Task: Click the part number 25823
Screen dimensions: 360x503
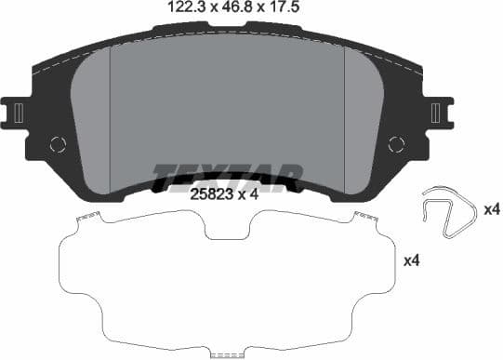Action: tap(209, 194)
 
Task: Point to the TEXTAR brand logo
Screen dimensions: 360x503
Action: tap(228, 175)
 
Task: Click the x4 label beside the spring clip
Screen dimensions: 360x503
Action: tap(491, 210)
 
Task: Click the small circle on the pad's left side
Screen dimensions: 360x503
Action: tap(59, 144)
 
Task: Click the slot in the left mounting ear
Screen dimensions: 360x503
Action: tap(18, 113)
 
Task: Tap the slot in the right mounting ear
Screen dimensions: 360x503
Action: tap(437, 113)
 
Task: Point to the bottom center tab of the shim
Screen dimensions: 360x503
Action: tap(227, 353)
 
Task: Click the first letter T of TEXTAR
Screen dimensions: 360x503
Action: tap(163, 175)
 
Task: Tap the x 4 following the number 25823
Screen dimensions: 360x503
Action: tap(246, 194)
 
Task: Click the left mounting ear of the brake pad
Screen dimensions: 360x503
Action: tap(18, 113)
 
